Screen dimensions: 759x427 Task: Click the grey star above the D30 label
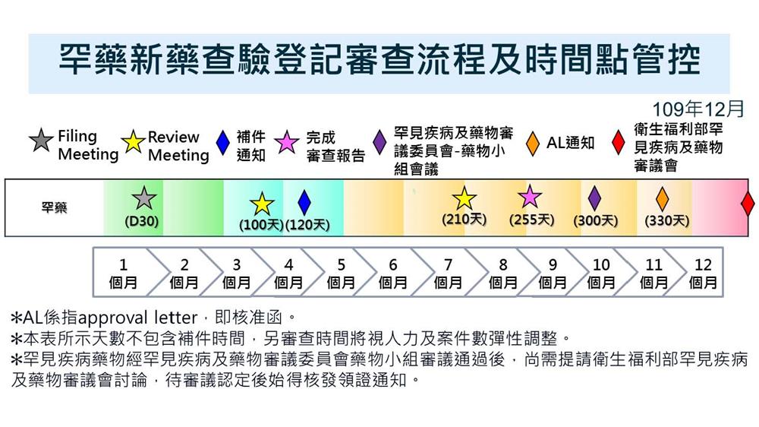tap(143, 198)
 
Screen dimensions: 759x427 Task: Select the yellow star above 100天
tap(262, 204)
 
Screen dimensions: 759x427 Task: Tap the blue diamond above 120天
tap(304, 203)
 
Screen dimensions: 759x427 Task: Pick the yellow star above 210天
tap(465, 198)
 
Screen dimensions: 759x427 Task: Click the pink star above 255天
tap(530, 196)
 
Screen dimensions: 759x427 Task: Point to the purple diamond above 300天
tap(594, 198)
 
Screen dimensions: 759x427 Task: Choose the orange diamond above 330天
tap(662, 199)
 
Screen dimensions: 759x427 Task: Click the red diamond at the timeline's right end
tap(748, 203)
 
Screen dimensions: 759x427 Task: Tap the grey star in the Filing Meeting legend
tap(41, 141)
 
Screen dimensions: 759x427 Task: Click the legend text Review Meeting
tap(178, 146)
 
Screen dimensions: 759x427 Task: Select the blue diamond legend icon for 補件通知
tap(222, 143)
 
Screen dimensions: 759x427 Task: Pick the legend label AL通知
tap(571, 143)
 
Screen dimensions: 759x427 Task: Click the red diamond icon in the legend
tap(618, 143)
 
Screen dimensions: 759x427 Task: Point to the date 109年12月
tap(698, 109)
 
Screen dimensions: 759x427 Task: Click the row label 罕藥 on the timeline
tap(54, 207)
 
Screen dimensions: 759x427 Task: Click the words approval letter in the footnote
tap(137, 318)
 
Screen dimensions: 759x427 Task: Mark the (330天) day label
tap(666, 221)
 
